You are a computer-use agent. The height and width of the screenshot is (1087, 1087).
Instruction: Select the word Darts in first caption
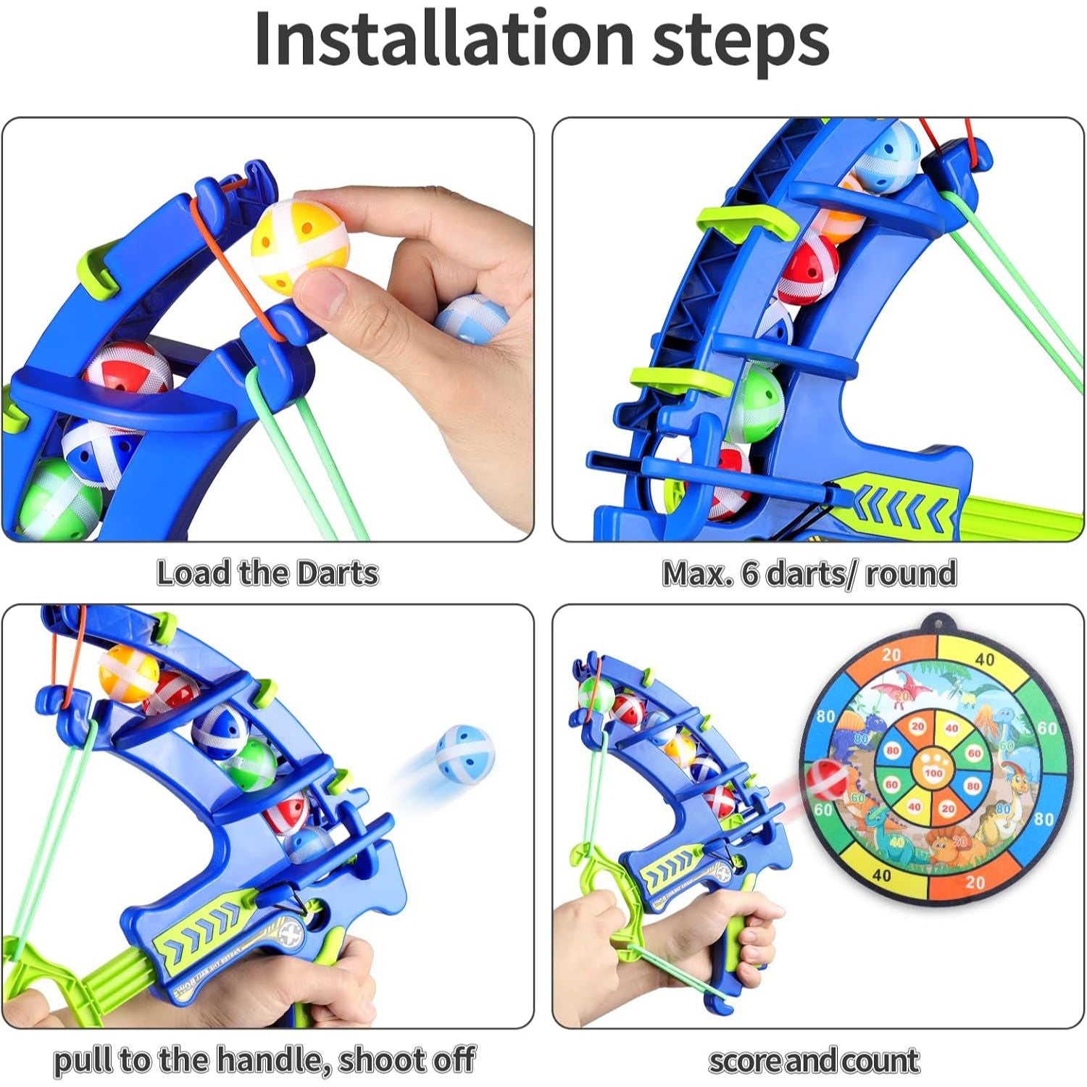tap(338, 573)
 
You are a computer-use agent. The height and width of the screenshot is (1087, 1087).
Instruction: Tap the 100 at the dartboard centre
tap(933, 773)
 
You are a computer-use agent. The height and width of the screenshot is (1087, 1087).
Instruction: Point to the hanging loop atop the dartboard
tap(931, 622)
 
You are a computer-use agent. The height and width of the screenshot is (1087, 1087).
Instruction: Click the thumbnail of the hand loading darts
tap(268, 330)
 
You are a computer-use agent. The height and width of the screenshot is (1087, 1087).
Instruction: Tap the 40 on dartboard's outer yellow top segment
tap(985, 659)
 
